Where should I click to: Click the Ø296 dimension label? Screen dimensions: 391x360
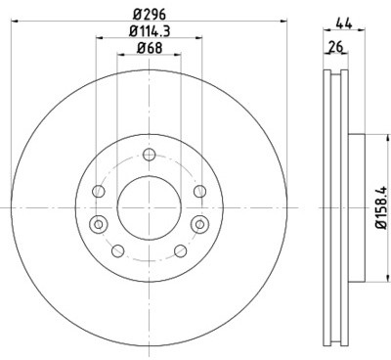click(150, 14)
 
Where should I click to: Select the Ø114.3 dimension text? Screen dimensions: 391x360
click(150, 31)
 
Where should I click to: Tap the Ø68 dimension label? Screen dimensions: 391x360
click(150, 48)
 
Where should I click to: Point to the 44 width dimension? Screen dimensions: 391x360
click(344, 23)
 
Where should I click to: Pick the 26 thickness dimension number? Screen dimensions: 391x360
click(336, 47)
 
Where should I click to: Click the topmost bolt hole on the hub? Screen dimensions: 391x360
click(150, 155)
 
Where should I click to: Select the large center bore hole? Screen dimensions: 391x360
click(150, 207)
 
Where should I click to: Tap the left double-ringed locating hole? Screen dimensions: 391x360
click(98, 224)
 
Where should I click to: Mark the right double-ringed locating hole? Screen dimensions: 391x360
click(200, 224)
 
